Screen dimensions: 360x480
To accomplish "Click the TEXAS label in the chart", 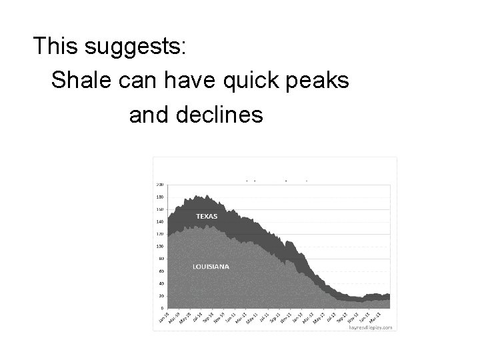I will pos(206,217).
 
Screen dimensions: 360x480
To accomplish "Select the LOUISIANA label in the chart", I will pos(211,266).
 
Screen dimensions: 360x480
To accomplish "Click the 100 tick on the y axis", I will pos(160,246).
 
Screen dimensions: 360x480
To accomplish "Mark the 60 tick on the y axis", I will pos(161,271).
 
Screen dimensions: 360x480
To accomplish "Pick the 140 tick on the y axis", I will pos(160,221).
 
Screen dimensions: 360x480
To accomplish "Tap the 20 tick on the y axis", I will pos(161,296).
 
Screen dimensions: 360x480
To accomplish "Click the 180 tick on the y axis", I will pos(160,197).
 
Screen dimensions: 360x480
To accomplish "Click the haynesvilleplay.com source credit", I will pos(371,327).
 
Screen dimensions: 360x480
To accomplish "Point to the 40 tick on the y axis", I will pos(161,283).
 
